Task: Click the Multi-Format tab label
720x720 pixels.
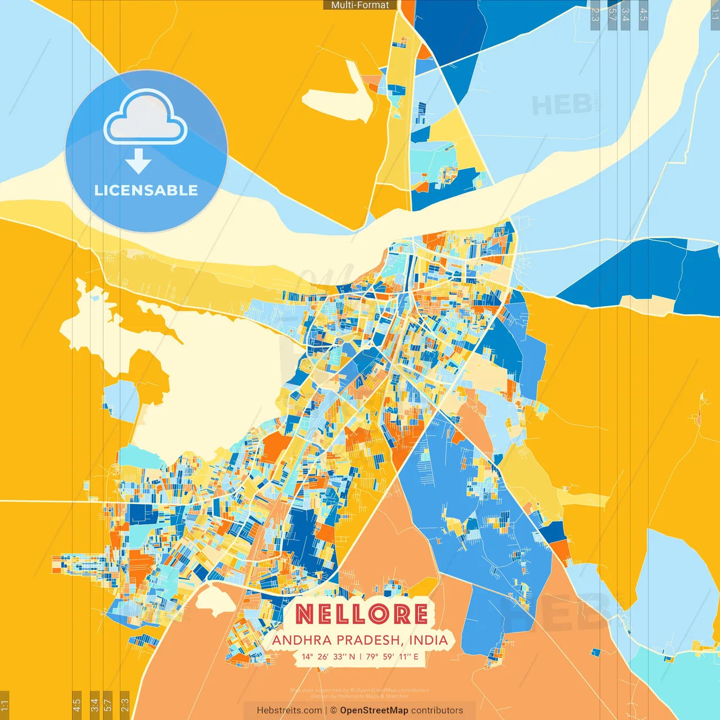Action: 360,5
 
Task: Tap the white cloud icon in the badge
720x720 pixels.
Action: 146,118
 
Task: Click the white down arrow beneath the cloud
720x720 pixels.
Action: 138,161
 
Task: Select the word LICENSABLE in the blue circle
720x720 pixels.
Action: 146,190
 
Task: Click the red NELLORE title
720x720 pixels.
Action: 361,614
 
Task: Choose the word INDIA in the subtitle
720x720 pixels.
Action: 429,640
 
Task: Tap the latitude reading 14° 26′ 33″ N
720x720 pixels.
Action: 328,656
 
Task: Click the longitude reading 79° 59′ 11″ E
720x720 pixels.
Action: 392,656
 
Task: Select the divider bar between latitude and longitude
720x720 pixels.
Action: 361,656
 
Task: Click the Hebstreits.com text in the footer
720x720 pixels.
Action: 289,710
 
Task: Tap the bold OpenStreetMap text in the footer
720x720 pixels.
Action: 374,710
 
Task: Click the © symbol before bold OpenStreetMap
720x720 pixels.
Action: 334,710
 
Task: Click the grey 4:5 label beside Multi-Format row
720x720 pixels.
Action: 643,15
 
